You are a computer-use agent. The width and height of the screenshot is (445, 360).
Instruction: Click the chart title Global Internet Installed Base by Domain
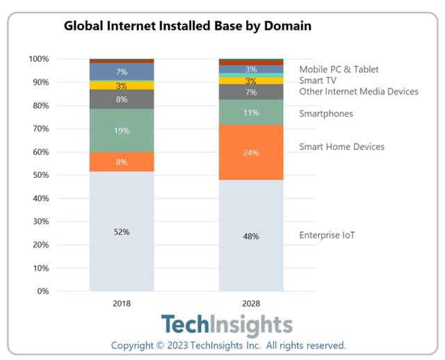[x=188, y=26]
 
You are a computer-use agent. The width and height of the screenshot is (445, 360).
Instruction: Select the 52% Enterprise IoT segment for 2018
[x=122, y=231]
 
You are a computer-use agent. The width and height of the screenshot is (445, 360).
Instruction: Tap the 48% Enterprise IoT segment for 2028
[x=251, y=236]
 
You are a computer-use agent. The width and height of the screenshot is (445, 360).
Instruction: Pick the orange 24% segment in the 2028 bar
[x=251, y=152]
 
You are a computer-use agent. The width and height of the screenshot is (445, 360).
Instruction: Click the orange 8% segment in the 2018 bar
[x=122, y=162]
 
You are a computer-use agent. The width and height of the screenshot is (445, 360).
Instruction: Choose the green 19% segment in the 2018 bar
[x=122, y=130]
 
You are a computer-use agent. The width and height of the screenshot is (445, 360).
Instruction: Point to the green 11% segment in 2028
[x=251, y=113]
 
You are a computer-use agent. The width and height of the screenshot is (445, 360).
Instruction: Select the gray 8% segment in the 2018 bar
[x=122, y=99]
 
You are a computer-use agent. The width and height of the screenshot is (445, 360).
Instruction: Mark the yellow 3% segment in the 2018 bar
[x=122, y=85]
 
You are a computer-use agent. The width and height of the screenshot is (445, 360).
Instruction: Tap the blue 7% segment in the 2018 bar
[x=122, y=72]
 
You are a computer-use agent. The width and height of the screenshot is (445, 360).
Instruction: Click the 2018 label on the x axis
[x=122, y=304]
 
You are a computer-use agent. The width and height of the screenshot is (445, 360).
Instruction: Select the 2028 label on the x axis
[x=251, y=304]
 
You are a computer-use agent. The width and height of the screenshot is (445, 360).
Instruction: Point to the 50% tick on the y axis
[x=39, y=175]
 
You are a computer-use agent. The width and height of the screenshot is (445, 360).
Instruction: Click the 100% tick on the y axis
[x=38, y=59]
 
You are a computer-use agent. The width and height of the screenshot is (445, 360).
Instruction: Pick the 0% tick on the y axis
[x=42, y=291]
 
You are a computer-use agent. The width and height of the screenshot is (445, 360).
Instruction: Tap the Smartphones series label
[x=326, y=114]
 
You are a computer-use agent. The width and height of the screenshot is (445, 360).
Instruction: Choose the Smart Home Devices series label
[x=341, y=147]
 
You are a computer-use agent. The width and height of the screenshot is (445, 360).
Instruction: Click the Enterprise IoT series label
[x=327, y=235]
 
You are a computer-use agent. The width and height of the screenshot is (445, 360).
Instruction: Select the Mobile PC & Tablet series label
[x=339, y=69]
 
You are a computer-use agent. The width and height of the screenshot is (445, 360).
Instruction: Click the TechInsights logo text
[x=227, y=325]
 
